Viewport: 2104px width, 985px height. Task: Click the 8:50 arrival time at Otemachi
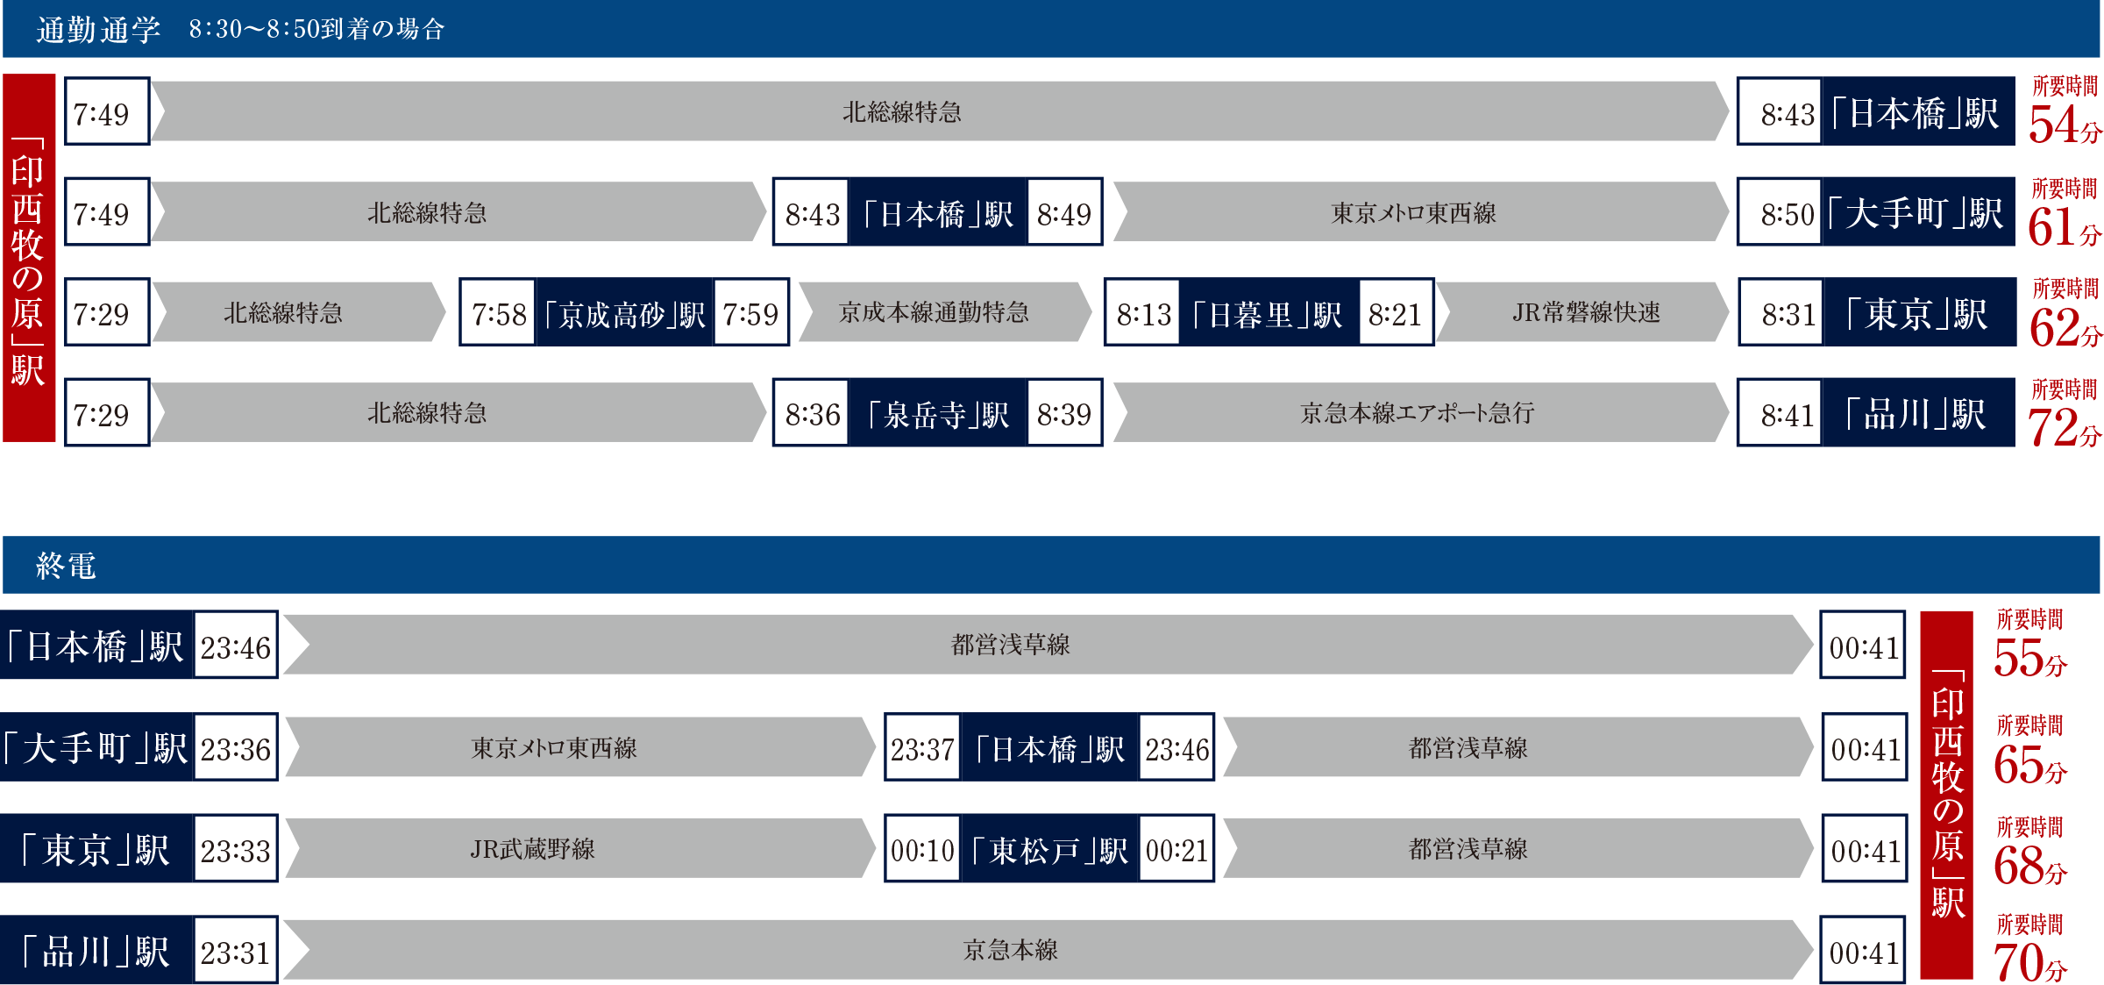coord(1787,214)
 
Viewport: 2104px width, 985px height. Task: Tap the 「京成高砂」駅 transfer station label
coord(624,314)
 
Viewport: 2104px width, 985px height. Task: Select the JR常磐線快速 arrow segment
coord(1585,312)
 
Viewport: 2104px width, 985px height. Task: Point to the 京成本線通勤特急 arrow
coord(935,312)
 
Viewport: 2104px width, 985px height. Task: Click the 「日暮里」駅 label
coord(1268,314)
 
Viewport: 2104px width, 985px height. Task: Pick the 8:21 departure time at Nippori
coord(1395,314)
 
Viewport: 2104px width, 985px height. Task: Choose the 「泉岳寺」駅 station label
coord(937,414)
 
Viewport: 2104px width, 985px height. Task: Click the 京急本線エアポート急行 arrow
coord(1417,413)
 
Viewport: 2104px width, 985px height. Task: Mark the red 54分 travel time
coord(2063,124)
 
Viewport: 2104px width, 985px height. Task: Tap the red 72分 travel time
coord(2063,427)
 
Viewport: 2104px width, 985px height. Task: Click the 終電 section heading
coord(66,566)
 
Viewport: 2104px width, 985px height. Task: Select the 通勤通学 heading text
coord(98,30)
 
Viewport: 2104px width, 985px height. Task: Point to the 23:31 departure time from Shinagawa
coord(235,953)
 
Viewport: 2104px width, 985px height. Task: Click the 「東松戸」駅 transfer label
coord(1049,850)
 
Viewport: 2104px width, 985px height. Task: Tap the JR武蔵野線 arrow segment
coord(533,849)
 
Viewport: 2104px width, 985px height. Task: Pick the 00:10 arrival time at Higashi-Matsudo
coord(922,850)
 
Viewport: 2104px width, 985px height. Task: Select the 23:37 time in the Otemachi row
coord(922,750)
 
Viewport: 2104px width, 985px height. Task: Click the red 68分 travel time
coord(2029,865)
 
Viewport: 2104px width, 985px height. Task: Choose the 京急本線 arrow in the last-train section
coord(1010,950)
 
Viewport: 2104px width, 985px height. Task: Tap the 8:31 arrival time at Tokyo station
coord(1788,314)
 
